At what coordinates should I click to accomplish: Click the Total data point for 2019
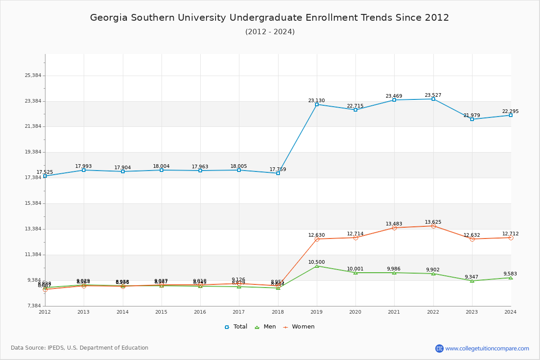click(x=317, y=104)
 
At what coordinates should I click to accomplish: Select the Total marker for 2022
click(x=433, y=99)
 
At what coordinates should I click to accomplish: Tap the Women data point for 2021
click(x=394, y=228)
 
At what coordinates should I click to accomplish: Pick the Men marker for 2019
click(x=317, y=266)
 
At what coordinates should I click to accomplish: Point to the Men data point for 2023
click(x=472, y=281)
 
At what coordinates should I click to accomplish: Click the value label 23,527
click(x=433, y=95)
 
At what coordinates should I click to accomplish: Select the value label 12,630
click(x=316, y=235)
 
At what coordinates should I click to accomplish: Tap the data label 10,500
click(x=316, y=262)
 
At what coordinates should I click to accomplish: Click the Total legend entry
click(x=236, y=327)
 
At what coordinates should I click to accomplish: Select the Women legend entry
click(x=299, y=327)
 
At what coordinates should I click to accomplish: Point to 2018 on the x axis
click(x=278, y=312)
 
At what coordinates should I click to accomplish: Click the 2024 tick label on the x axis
click(x=510, y=312)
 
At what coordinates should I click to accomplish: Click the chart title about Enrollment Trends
click(x=270, y=18)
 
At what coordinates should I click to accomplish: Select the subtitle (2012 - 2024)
click(x=270, y=32)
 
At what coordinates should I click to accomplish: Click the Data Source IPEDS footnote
click(x=80, y=348)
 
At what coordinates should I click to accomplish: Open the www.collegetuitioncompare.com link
click(x=487, y=348)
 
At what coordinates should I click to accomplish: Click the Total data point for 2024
click(x=511, y=115)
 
